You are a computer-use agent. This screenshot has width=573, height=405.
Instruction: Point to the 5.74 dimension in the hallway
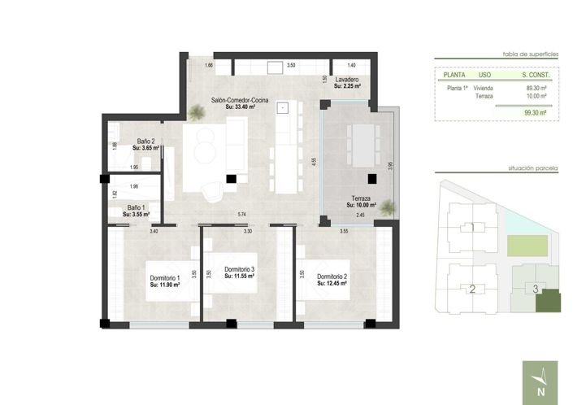(x=241, y=214)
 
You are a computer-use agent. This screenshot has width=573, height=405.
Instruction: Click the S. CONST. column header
(x=536, y=74)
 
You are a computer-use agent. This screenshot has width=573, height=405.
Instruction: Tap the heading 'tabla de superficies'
(x=531, y=53)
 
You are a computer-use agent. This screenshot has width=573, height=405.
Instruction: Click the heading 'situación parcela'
(x=532, y=168)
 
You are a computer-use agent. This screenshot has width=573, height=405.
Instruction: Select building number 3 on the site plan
(x=535, y=288)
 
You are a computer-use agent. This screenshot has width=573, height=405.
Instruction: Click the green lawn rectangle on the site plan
(x=523, y=244)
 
